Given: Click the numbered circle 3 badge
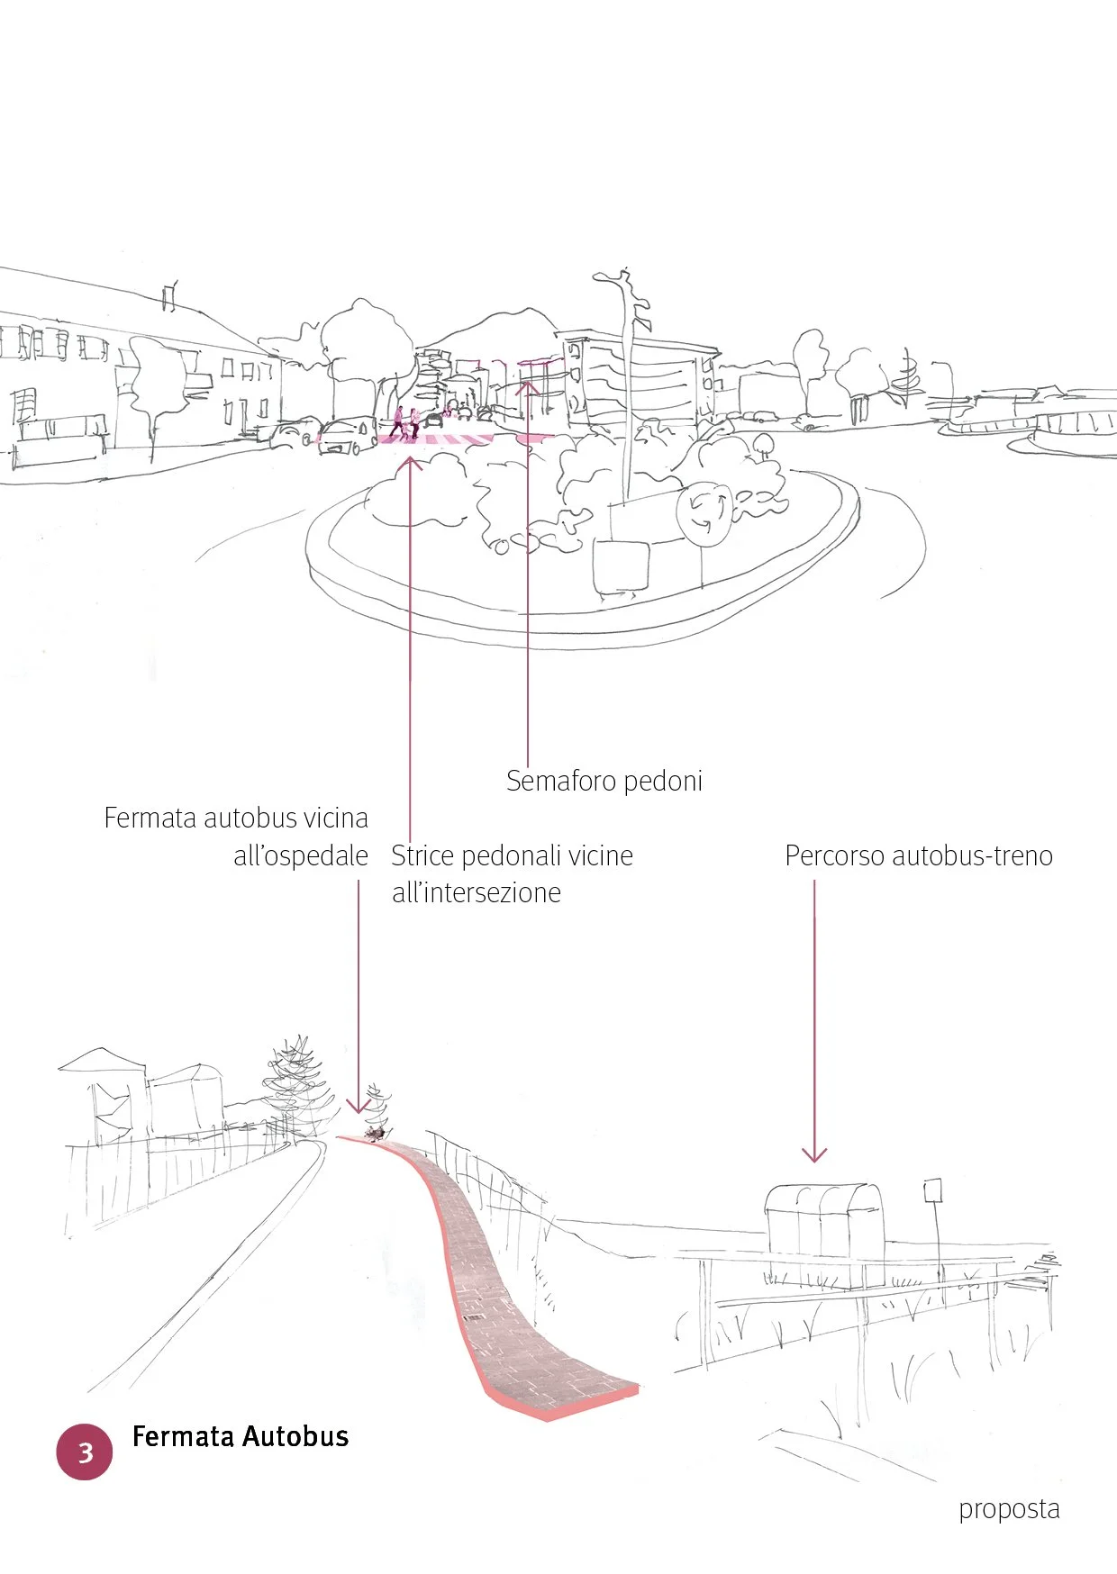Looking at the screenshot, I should (85, 1452).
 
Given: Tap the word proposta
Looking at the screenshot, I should (1009, 1508).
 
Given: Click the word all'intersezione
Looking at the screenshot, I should (477, 893).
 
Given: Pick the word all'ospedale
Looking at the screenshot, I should (301, 855).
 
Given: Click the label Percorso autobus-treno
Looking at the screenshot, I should (919, 855).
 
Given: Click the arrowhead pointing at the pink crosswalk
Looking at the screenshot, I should (410, 463).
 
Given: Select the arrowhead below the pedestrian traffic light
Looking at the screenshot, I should (528, 389).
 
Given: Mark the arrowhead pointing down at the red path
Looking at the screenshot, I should (359, 1106).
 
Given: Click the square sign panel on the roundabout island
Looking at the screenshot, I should (622, 565).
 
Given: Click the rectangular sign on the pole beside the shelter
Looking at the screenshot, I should (932, 1190).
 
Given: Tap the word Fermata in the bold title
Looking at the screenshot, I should (183, 1436).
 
